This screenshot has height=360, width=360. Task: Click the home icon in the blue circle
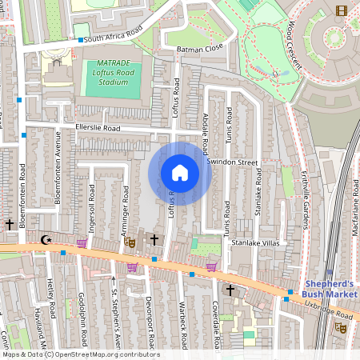[179, 173]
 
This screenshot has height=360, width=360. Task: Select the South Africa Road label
[113, 34]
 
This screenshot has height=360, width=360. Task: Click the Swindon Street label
[233, 162]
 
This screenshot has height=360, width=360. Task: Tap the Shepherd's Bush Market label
[330, 289]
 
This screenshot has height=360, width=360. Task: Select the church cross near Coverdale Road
[230, 289]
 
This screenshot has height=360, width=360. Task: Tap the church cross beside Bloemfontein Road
[10, 226]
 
